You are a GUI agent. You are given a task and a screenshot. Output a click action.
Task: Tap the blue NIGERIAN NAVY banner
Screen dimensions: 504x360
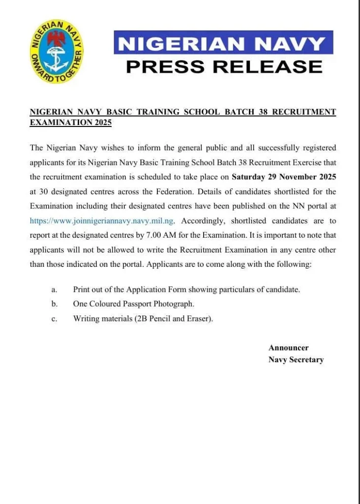pos(223,43)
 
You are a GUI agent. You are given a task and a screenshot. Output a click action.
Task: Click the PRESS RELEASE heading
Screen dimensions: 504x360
pos(224,65)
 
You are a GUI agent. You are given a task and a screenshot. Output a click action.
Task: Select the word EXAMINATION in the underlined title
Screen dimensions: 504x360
pos(58,122)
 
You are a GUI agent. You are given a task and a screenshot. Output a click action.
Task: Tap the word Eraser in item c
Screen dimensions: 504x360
pos(198,319)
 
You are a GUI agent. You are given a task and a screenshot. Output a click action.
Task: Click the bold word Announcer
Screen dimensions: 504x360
pos(289,347)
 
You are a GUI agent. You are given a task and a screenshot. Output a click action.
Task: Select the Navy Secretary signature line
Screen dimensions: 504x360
pos(296,360)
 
